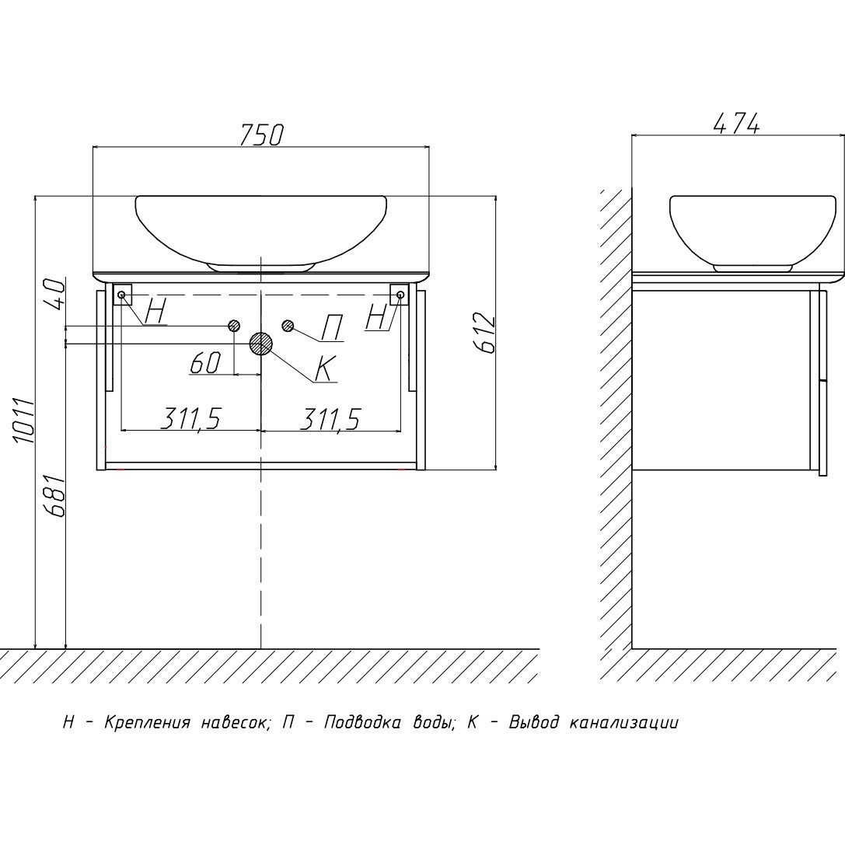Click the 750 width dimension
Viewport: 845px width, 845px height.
[260, 134]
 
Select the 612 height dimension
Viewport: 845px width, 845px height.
[485, 333]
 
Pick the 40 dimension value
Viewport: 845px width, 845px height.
[54, 294]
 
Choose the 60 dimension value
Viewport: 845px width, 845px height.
[206, 363]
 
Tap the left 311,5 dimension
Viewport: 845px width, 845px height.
[190, 419]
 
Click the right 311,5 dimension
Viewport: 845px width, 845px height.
[330, 419]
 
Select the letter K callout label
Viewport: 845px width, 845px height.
[324, 368]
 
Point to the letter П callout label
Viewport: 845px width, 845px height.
[331, 329]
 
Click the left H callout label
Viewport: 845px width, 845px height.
[155, 313]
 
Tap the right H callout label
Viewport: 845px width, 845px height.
[377, 317]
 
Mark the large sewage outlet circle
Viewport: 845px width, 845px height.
[260, 344]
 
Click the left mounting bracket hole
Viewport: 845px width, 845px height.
[121, 295]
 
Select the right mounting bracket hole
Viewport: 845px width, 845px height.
[400, 295]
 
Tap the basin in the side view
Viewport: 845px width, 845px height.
[752, 229]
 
